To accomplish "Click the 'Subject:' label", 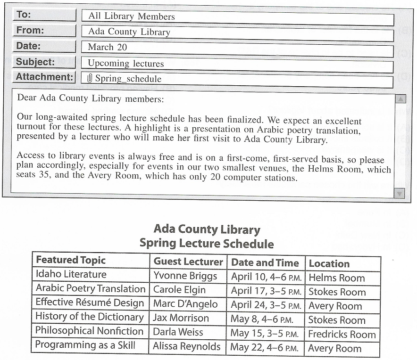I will point(35,62).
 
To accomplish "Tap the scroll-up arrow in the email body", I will point(400,99).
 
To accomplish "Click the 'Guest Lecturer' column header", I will point(188,262).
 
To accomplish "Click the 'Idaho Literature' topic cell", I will point(71,274).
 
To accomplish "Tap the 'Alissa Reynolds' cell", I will point(186,347).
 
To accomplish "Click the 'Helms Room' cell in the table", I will point(336,278).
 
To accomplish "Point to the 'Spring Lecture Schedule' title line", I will point(207,244).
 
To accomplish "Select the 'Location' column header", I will point(329,264).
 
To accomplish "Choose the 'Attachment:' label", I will point(44,77).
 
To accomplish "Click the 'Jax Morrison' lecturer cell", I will point(181,318).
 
